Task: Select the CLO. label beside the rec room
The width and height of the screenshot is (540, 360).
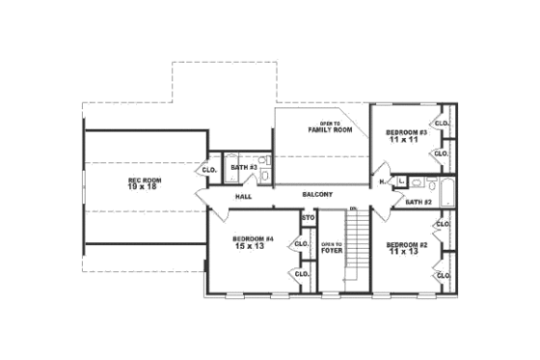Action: click(208, 170)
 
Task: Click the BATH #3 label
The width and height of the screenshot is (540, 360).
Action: click(243, 168)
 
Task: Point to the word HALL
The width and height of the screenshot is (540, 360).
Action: click(244, 196)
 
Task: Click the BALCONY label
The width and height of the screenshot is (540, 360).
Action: click(317, 194)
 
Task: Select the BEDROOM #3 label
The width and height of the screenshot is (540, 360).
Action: click(407, 132)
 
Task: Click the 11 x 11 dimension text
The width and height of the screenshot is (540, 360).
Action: click(407, 140)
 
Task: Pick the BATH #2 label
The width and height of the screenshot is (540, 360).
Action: click(418, 202)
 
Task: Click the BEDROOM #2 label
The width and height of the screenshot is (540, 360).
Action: click(407, 244)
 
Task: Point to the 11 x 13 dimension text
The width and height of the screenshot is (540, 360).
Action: click(407, 252)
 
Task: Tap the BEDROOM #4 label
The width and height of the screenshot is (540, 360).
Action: click(253, 238)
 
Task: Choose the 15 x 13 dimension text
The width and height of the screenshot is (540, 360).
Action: click(253, 246)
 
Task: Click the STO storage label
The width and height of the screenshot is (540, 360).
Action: click(309, 218)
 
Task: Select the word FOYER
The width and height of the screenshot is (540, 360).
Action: click(332, 250)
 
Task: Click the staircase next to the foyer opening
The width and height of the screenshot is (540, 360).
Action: click(358, 248)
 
